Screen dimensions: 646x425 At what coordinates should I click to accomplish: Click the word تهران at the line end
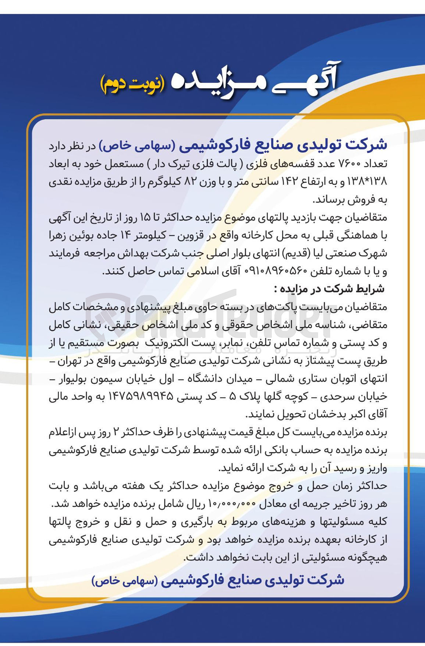(368, 361)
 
